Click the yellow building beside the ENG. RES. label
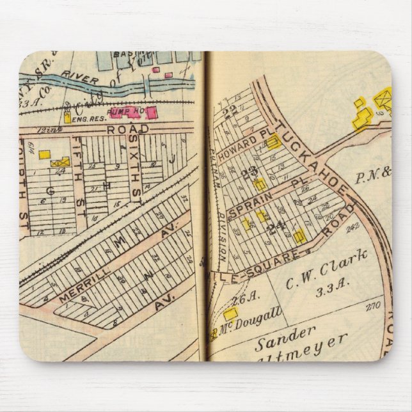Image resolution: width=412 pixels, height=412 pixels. point(67,118)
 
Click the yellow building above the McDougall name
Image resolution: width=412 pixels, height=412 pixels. point(230,313)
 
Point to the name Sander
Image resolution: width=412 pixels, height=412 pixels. point(287,338)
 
